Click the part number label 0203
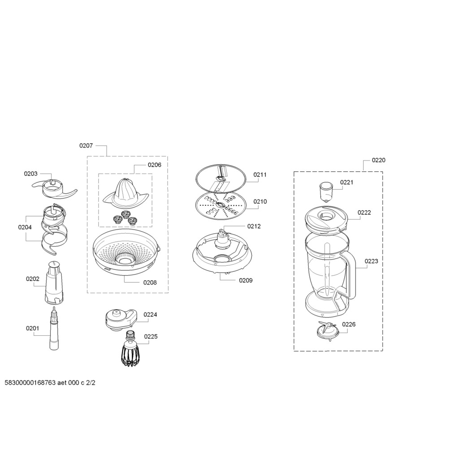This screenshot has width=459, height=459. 31,173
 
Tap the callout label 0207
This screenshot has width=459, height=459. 86,146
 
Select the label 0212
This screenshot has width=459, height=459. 254,226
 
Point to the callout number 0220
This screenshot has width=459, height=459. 378,160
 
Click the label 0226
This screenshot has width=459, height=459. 349,325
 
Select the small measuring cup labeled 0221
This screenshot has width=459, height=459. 325,192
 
